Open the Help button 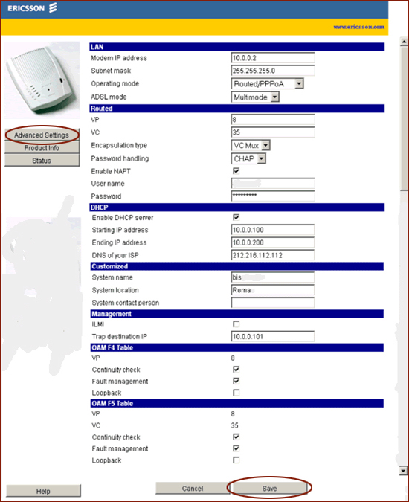42,492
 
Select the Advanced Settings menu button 42,135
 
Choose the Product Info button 42,148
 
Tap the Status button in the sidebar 42,161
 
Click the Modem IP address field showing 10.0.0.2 273,58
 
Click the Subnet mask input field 273,71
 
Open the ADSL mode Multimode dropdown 255,97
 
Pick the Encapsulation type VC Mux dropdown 251,146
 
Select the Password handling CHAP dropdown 249,158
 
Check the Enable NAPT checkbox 236,171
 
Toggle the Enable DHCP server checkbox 236,217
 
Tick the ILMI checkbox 236,324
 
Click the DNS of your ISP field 273,255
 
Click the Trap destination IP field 273,337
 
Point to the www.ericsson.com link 359,27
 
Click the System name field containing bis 273,277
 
